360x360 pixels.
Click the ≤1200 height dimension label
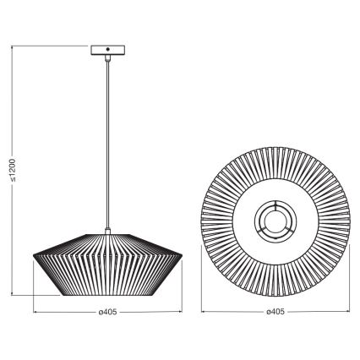coord(10,174)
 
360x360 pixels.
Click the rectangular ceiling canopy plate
coord(107,51)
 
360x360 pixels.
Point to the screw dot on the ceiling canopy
coord(107,51)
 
